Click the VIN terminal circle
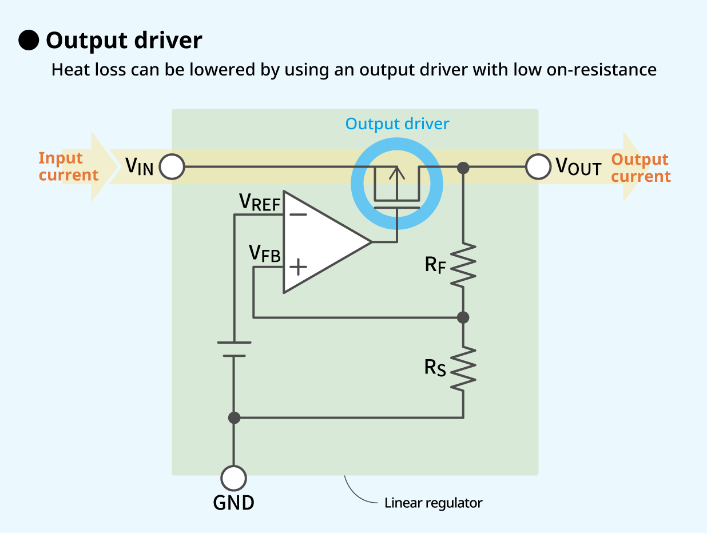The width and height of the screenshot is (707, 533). [172, 168]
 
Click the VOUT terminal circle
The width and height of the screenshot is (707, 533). [538, 168]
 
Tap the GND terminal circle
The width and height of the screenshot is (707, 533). [233, 478]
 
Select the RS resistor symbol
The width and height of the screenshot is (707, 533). [463, 368]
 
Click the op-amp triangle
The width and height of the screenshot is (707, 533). [320, 242]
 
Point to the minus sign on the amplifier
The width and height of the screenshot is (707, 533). [298, 215]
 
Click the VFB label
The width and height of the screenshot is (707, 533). [265, 253]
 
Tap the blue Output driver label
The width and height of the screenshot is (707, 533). [397, 124]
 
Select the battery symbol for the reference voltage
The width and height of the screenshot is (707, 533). [234, 349]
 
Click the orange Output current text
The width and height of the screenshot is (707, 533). [641, 168]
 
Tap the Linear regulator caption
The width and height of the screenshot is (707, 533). [433, 503]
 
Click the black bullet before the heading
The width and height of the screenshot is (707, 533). [29, 41]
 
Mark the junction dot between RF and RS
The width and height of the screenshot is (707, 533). [463, 317]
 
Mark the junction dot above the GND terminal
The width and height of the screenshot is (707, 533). [233, 417]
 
